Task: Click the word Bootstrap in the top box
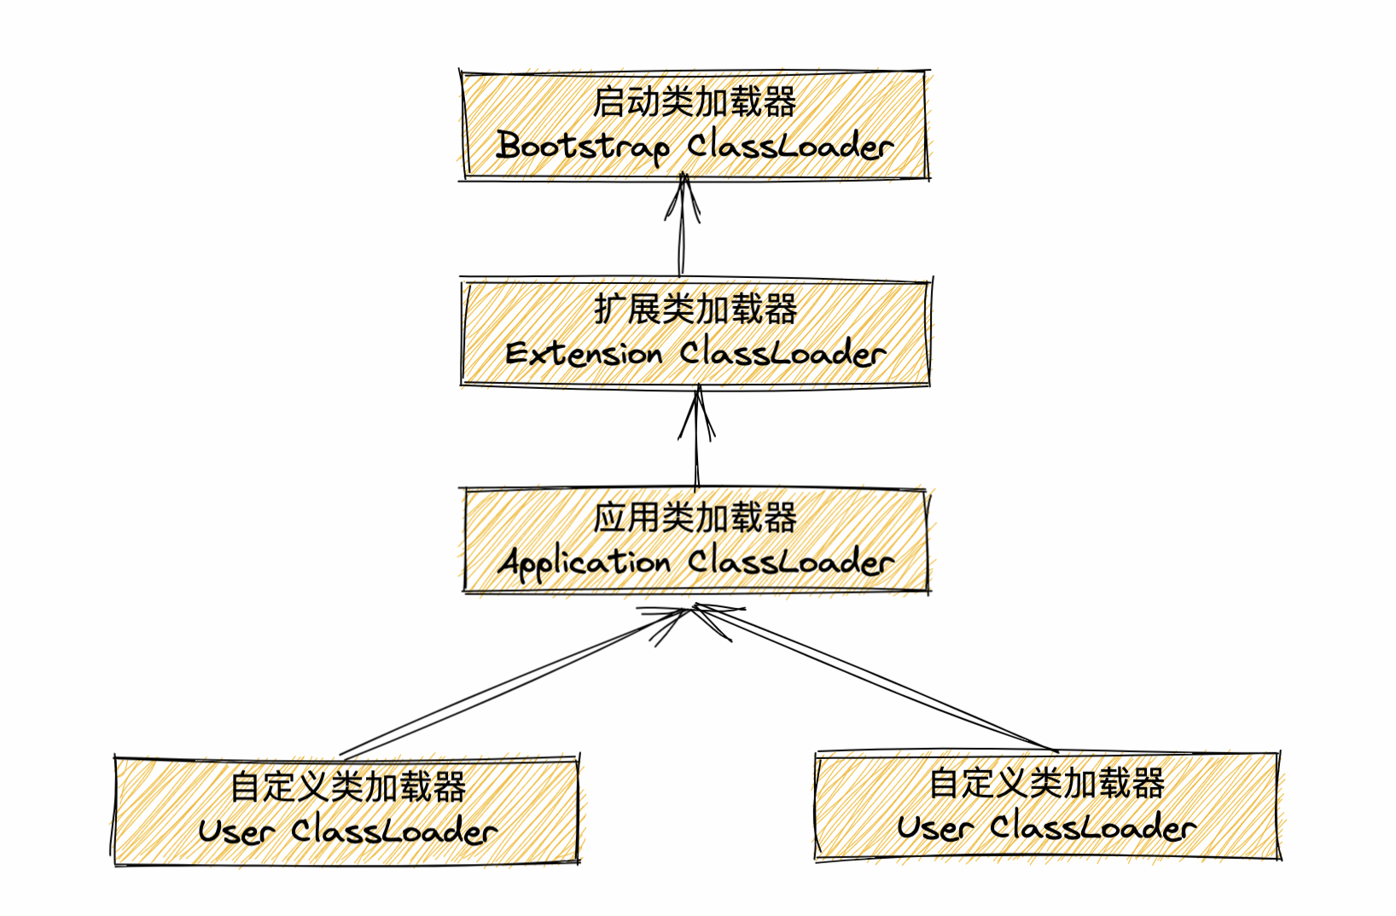point(583,146)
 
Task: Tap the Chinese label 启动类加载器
point(695,102)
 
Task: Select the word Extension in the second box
point(584,353)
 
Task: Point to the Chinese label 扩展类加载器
point(695,309)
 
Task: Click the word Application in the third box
point(585,563)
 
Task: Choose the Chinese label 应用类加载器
point(695,518)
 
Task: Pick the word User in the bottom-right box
point(934,827)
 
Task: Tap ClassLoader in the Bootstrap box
point(791,146)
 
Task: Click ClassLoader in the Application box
point(791,562)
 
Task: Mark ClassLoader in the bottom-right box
point(1093,827)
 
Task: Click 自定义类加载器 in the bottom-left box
point(348,786)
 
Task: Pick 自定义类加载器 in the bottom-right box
point(1047,783)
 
